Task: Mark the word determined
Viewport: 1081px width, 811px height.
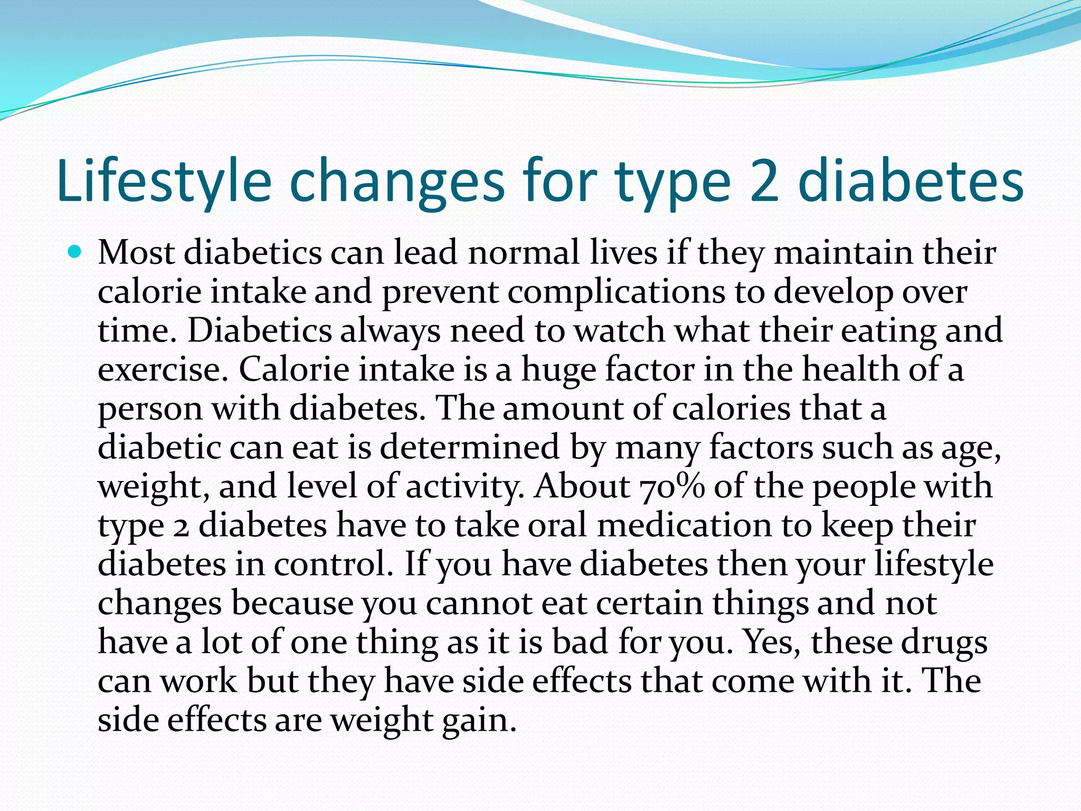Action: [469, 447]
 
